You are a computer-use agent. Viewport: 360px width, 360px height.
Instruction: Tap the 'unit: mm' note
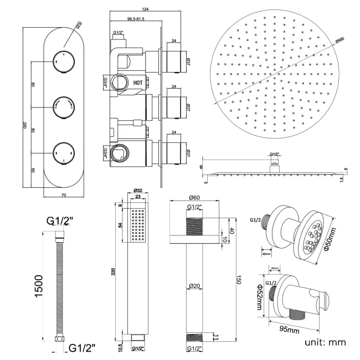tap(325, 342)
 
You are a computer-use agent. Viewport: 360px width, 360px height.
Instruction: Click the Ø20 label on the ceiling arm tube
tap(193, 286)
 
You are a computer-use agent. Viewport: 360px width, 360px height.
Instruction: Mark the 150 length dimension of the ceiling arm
tap(239, 280)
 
